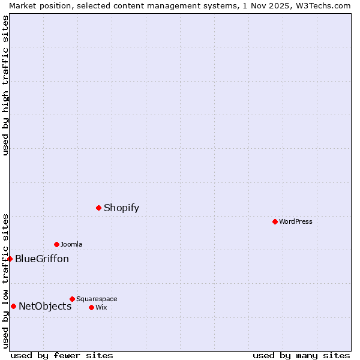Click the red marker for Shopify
click(x=99, y=208)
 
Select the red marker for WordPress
click(x=275, y=222)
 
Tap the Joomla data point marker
click(x=56, y=244)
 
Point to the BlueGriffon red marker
click(x=10, y=259)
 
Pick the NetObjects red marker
click(x=13, y=307)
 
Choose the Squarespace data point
click(x=72, y=299)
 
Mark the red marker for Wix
click(x=91, y=307)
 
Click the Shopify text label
click(x=121, y=208)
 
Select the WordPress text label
click(x=296, y=222)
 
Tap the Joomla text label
click(x=71, y=244)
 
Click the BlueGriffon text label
click(x=42, y=259)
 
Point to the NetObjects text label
click(x=45, y=307)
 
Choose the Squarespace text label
click(x=97, y=299)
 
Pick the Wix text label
click(x=101, y=307)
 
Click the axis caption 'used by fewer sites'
click(x=62, y=355)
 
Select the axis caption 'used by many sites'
click(x=301, y=355)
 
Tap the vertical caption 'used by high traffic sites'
click(x=5, y=85)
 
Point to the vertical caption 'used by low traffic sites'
click(x=5, y=281)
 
